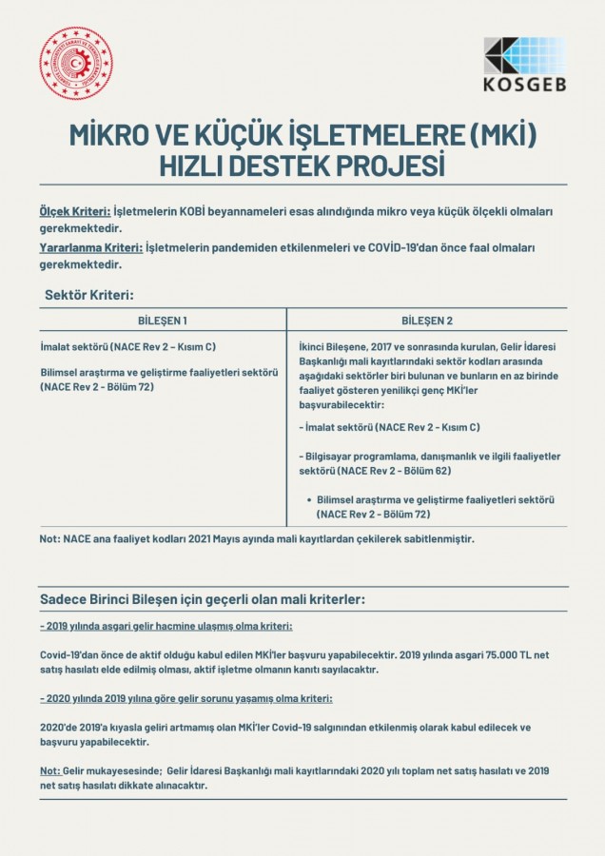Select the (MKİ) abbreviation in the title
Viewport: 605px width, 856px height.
498,133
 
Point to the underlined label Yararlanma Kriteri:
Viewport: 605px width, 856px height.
91,247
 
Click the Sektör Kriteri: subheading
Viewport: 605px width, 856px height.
89,295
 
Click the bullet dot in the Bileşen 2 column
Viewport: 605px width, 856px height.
310,499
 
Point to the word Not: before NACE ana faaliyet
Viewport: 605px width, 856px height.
50,538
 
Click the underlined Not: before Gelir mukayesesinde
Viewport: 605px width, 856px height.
50,769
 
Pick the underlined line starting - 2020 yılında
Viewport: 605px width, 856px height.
186,698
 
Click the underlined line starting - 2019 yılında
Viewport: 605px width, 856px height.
166,627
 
